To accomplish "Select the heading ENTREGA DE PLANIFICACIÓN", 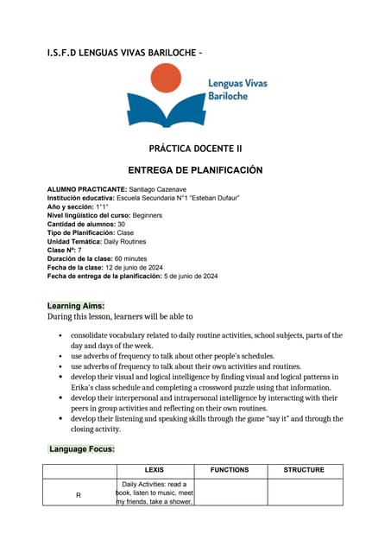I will (x=195, y=170).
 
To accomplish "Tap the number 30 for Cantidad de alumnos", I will (x=121, y=224).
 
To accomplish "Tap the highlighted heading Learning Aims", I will (x=76, y=306).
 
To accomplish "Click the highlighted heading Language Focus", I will (x=82, y=449).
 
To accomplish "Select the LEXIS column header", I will (x=155, y=470).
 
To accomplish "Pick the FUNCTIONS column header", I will (x=229, y=470).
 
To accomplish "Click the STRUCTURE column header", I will (x=304, y=470).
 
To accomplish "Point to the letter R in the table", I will (x=79, y=494).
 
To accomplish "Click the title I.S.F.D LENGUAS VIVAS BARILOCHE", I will (x=121, y=54).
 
